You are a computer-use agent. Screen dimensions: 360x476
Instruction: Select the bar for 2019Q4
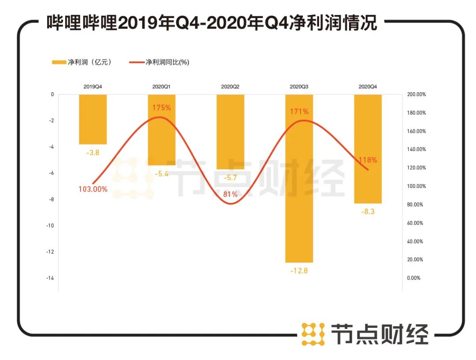point(93,119)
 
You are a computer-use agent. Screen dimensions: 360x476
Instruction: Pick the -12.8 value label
point(299,270)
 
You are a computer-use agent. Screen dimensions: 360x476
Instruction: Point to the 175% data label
point(161,108)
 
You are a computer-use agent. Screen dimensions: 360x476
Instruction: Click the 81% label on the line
point(230,194)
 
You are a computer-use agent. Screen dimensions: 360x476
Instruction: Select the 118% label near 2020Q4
point(368,160)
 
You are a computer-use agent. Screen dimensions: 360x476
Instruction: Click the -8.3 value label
point(368,212)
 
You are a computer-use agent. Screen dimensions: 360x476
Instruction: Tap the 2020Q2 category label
point(230,86)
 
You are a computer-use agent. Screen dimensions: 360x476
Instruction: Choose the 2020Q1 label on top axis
point(161,86)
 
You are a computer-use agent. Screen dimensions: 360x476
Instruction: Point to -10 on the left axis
point(50,225)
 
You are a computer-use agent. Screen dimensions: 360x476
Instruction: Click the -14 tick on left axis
point(50,278)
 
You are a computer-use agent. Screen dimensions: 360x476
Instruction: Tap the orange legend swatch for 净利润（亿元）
point(59,62)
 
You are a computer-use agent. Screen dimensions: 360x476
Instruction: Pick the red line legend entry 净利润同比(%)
point(159,62)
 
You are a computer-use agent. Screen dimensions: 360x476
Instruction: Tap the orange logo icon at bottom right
point(313,334)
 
